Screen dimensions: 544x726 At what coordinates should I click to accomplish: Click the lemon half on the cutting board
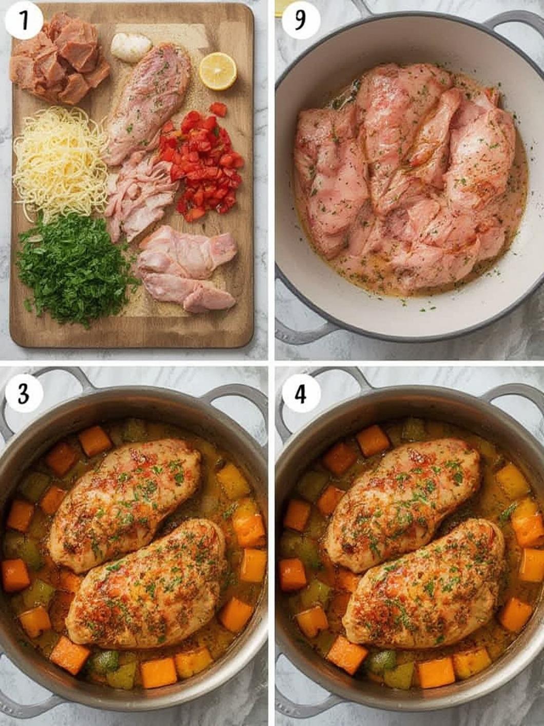pyautogui.click(x=218, y=71)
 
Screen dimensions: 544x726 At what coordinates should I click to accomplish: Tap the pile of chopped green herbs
pyautogui.click(x=74, y=270)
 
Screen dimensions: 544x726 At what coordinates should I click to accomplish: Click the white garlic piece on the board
pyautogui.click(x=131, y=47)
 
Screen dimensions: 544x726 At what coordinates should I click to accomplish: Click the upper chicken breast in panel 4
pyautogui.click(x=403, y=503)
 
